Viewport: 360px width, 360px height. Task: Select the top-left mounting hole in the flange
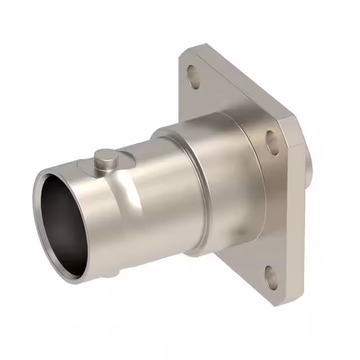[193, 76]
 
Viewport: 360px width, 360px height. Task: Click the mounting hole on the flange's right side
[272, 143]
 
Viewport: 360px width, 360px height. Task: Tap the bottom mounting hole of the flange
[272, 277]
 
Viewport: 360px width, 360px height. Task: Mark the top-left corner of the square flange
[188, 52]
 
